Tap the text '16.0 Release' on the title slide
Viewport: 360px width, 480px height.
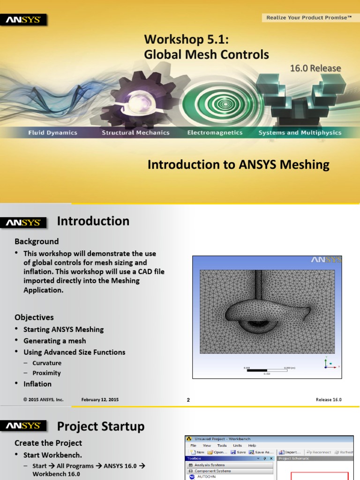click(x=315, y=68)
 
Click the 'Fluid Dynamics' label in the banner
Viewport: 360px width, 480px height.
click(x=52, y=133)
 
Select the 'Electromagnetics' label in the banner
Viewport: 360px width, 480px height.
click(x=215, y=133)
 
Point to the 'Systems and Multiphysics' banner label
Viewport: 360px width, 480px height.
click(x=300, y=133)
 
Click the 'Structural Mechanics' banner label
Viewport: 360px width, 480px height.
click(x=136, y=133)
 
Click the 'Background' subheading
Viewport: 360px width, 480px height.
click(x=37, y=241)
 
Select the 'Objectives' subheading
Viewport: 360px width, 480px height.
click(x=34, y=317)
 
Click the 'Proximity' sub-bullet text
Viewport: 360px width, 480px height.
click(x=46, y=373)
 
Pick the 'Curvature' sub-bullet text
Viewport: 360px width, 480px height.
click(x=47, y=363)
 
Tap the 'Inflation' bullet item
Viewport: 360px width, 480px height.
click(x=37, y=384)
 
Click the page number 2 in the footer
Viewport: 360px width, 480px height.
click(x=188, y=400)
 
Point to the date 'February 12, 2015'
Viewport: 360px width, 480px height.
click(x=100, y=399)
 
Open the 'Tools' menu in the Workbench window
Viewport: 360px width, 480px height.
click(x=222, y=445)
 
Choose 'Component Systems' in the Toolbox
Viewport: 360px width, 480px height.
click(x=214, y=471)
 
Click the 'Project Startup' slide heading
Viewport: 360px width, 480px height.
click(x=101, y=427)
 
